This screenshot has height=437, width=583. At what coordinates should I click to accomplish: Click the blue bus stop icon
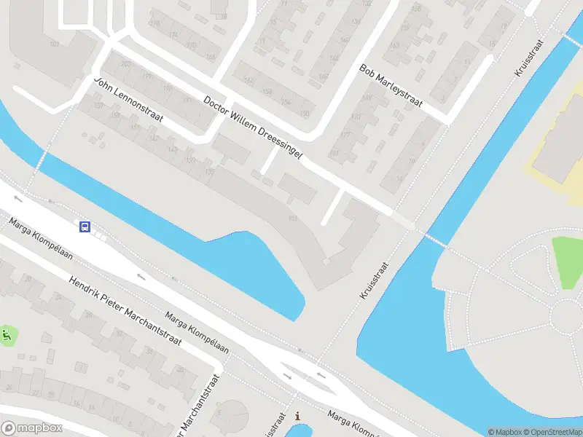coord(85,227)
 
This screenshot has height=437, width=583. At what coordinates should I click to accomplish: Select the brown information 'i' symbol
coord(297,416)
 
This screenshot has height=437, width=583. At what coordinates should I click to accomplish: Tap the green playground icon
coord(7,336)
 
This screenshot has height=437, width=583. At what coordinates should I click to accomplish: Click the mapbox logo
coord(32,428)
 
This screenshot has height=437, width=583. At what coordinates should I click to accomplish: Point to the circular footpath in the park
coord(566,315)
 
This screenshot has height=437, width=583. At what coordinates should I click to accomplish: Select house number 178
coord(154,23)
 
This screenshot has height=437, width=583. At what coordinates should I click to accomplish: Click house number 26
coord(27,279)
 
